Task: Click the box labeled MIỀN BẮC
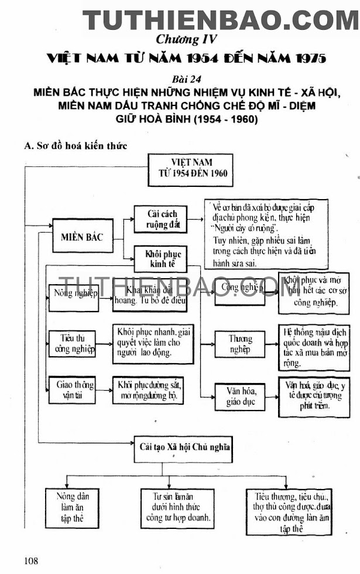pos(82,237)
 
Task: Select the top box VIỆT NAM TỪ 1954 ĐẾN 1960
pos(191,169)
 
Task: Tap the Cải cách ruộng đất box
pos(160,220)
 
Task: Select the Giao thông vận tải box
pos(76,388)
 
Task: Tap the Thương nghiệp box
pos(241,343)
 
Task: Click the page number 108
pos(31,561)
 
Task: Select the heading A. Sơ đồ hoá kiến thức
pos(76,145)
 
